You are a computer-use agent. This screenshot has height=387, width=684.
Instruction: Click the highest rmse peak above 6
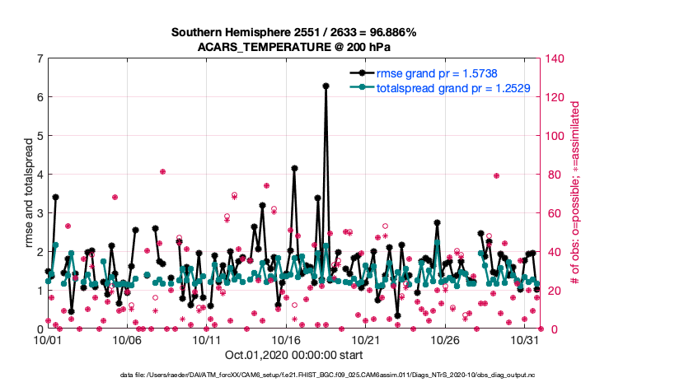coord(326,86)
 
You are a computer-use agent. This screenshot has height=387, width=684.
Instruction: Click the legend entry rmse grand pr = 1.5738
coord(439,72)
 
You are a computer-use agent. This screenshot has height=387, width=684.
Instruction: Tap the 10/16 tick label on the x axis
coord(286,339)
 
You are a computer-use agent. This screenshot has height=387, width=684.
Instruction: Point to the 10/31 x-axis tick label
coord(525,339)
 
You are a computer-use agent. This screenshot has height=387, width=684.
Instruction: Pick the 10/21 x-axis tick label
coord(366,339)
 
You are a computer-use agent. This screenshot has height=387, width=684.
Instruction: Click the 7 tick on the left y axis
coord(40,58)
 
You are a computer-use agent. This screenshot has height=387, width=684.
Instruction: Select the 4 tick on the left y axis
coord(40,175)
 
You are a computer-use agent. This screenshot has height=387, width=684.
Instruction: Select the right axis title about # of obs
coord(576,193)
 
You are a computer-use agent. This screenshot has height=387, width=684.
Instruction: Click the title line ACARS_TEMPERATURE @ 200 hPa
coord(293,47)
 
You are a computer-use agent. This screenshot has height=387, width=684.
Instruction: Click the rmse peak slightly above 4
coord(294,168)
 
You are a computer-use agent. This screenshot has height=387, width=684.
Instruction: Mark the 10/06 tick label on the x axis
coord(127,339)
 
